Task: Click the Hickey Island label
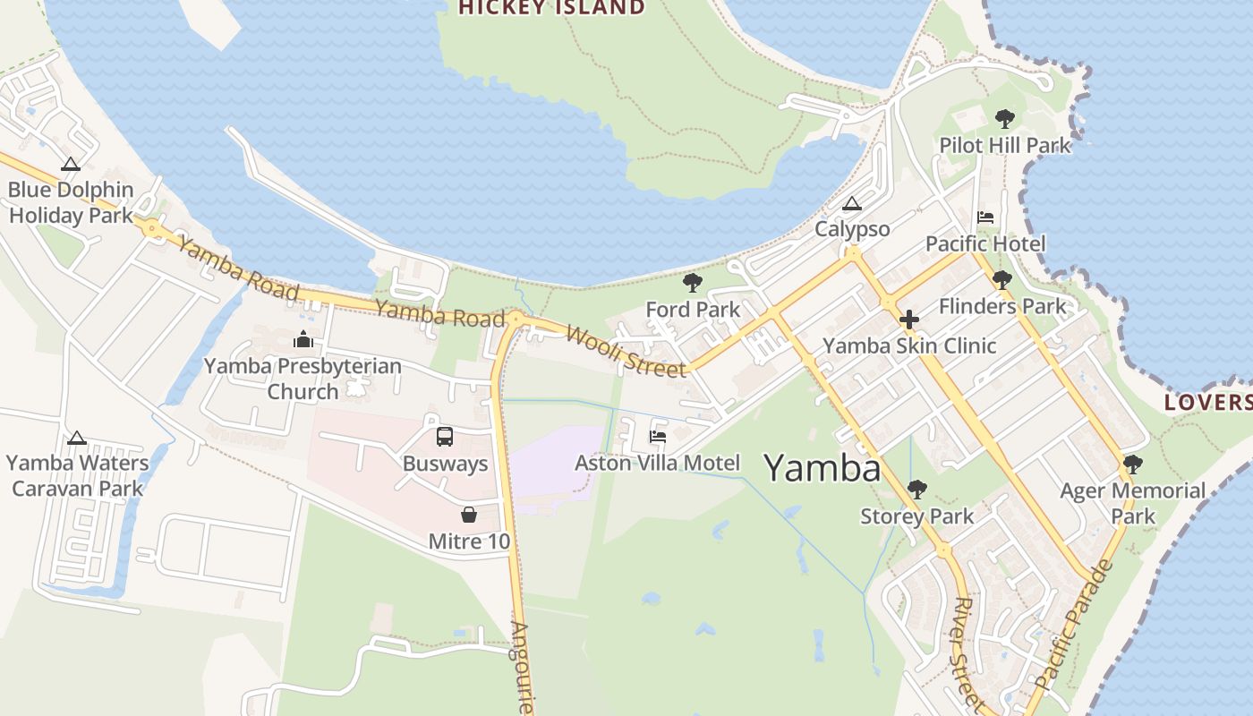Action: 551,8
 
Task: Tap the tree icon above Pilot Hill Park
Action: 1004,118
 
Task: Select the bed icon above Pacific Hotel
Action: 985,217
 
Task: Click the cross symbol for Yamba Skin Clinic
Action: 909,320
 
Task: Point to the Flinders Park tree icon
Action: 1002,280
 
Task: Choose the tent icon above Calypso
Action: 851,204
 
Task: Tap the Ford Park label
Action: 693,310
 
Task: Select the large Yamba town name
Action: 822,467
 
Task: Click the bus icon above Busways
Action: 445,437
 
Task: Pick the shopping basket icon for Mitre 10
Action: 468,515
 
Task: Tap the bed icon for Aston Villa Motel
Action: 658,437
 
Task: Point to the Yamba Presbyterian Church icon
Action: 303,340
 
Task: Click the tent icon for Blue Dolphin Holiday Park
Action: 71,164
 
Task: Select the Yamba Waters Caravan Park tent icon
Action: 77,438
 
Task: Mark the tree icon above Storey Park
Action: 916,490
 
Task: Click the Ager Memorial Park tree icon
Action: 1132,465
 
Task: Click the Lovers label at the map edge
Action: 1208,403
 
